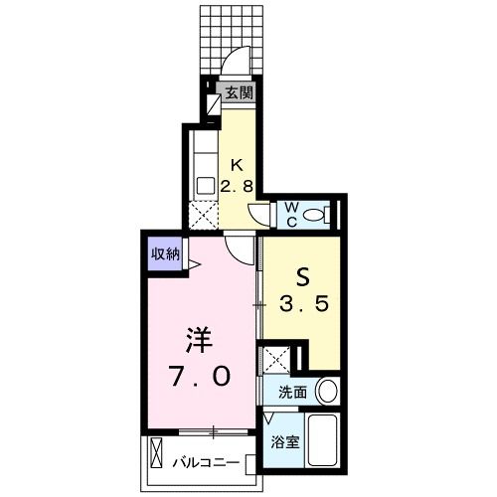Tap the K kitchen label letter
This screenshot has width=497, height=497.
pyautogui.click(x=238, y=166)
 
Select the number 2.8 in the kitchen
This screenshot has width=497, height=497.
pyautogui.click(x=238, y=185)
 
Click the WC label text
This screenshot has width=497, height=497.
pyautogui.click(x=293, y=213)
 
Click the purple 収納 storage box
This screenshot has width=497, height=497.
pyautogui.click(x=166, y=253)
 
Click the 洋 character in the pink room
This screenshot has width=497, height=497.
pyautogui.click(x=197, y=340)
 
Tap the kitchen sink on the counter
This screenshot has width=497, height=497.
pyautogui.click(x=205, y=184)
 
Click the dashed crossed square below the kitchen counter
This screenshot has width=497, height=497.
pyautogui.click(x=203, y=212)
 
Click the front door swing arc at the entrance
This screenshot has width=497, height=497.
pyautogui.click(x=235, y=66)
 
